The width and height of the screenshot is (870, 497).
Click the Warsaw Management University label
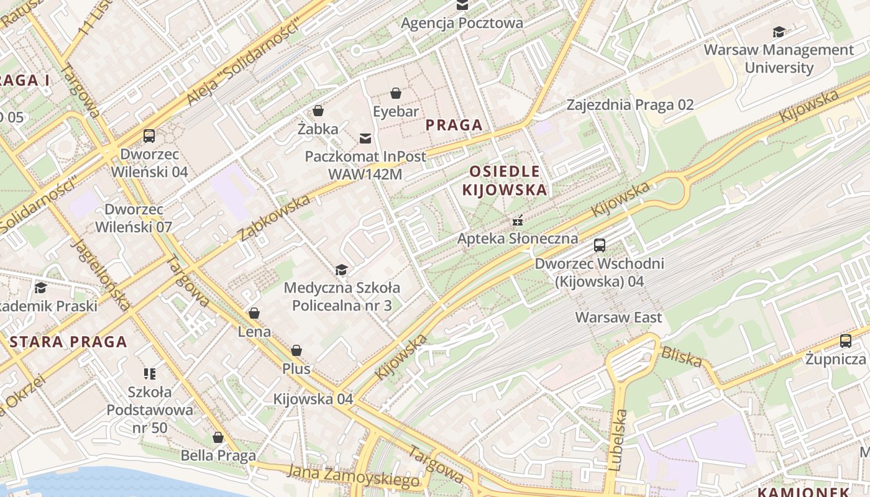[x=779, y=58]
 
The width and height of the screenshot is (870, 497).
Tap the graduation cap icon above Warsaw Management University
[x=779, y=32]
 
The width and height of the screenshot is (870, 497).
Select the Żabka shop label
[x=318, y=129]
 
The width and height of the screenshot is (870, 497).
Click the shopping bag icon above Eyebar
[x=396, y=94]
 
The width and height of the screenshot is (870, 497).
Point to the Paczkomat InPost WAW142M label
[x=365, y=165]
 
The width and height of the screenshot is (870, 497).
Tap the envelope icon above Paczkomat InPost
[x=365, y=138]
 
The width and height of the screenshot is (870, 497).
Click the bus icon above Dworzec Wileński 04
[x=149, y=136]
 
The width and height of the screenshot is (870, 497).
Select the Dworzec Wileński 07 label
[x=134, y=218]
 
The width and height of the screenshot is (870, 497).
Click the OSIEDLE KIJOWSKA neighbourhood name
[x=505, y=180]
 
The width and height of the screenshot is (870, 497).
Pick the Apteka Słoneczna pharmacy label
[x=518, y=239]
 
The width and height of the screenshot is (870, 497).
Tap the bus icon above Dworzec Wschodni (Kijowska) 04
[x=600, y=245]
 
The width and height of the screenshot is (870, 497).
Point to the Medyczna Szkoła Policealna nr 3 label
[x=342, y=296]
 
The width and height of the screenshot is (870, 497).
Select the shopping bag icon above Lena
[x=254, y=313]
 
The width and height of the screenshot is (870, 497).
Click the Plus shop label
[x=296, y=368]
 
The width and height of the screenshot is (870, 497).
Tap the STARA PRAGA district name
[x=68, y=342]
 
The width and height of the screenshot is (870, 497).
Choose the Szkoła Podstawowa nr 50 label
[x=150, y=409]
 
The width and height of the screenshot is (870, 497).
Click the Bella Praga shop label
[x=218, y=455]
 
